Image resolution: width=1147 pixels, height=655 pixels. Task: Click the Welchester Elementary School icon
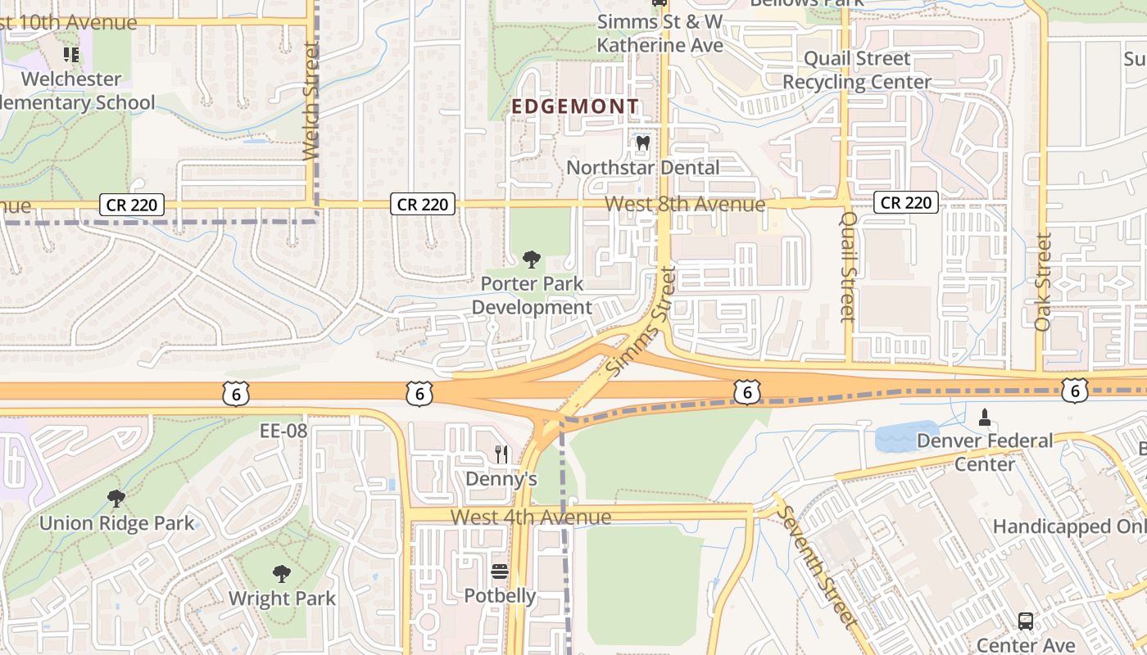click(x=71, y=55)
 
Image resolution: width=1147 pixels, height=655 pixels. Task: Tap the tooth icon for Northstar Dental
click(x=643, y=142)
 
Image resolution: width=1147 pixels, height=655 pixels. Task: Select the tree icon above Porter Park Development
click(x=532, y=260)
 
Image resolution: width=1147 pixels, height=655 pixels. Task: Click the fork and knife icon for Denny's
click(x=501, y=454)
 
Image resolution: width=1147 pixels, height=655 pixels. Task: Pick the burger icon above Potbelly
click(x=500, y=571)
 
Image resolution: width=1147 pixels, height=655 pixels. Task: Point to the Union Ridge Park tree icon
click(x=116, y=498)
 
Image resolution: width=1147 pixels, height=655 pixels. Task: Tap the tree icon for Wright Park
click(x=282, y=573)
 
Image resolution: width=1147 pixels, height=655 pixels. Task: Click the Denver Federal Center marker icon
click(x=985, y=418)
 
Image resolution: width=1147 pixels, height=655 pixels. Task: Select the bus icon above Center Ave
click(x=1025, y=621)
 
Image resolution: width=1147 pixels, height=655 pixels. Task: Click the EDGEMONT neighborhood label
click(x=575, y=106)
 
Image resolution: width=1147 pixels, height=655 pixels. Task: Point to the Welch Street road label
click(x=311, y=102)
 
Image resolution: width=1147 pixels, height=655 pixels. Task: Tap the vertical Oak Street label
click(x=1042, y=282)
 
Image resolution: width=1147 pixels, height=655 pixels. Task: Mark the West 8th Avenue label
click(x=685, y=204)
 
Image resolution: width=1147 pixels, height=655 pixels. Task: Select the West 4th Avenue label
click(x=531, y=517)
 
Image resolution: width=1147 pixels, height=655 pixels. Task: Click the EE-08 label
click(x=283, y=431)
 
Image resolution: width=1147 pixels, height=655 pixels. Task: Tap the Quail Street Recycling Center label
click(x=857, y=70)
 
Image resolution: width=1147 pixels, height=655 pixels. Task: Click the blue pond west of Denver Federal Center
click(x=906, y=436)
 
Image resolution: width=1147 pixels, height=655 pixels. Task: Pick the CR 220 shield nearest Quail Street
click(x=904, y=202)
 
